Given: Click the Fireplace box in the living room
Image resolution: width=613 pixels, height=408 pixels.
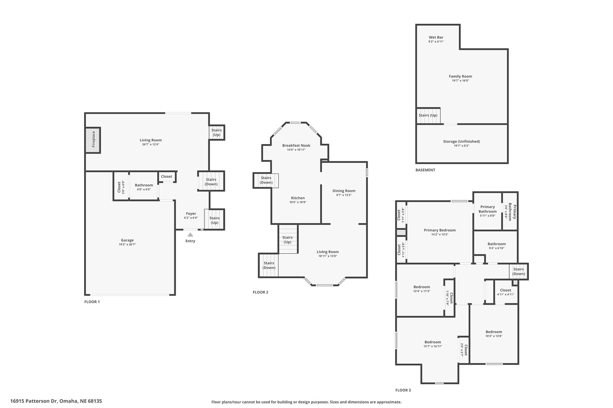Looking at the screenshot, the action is [93, 140].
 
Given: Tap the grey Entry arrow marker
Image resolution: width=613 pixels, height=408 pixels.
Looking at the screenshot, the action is [190, 235].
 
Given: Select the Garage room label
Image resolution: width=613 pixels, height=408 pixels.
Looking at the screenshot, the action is [127, 240].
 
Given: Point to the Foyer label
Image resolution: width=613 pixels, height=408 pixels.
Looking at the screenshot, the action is [191, 213].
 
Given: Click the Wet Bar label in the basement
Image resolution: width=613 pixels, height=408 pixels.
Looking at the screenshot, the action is [436, 37].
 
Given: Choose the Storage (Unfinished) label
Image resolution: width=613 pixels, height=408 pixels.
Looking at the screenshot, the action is [462, 141].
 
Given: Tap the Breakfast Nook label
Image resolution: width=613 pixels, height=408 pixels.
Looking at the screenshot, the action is [296, 146].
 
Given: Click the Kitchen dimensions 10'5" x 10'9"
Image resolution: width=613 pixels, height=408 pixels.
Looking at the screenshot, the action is [298, 202].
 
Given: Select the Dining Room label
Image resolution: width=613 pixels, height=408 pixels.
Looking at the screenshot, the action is [344, 191].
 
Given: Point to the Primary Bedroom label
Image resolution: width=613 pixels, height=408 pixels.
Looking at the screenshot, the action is [440, 230].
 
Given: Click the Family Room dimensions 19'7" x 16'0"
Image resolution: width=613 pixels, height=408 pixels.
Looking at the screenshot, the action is [460, 81].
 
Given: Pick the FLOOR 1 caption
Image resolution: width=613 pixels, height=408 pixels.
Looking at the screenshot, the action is [92, 302].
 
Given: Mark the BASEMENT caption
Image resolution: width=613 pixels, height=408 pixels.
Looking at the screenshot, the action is [425, 170].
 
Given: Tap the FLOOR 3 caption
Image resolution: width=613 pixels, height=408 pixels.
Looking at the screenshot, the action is [403, 390].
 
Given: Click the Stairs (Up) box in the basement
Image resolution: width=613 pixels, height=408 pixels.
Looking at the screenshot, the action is [428, 116].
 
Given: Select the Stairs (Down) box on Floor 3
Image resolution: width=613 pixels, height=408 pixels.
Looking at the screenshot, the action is [519, 271].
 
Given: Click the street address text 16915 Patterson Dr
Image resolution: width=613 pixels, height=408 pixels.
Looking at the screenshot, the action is [34, 401].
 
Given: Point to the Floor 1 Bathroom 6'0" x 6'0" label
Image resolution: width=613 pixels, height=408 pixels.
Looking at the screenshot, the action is [144, 187].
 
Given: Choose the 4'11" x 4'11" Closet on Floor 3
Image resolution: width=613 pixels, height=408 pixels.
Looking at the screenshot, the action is [506, 292].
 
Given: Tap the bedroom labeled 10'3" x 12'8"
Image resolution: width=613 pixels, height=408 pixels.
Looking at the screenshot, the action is [494, 334].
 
